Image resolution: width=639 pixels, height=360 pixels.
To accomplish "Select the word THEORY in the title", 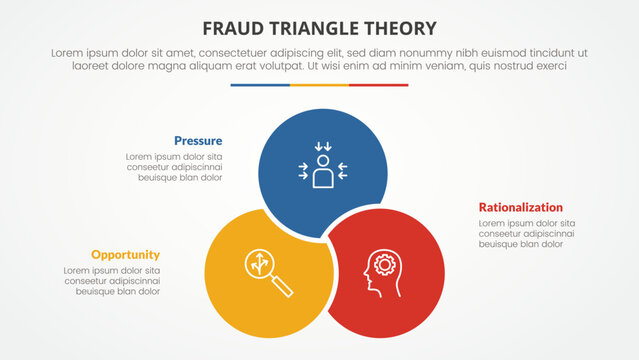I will point(401,27).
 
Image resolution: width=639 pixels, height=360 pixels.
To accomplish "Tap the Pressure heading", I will point(198,141).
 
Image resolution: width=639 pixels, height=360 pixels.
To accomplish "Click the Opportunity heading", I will point(125,254).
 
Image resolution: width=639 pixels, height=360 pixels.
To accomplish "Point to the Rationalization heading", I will point(520,207).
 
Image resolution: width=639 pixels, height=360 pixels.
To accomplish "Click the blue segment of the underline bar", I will point(260,85).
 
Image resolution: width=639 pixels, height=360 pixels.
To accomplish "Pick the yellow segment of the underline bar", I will point(319,85).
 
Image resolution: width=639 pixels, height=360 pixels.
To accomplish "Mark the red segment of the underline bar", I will point(379,85).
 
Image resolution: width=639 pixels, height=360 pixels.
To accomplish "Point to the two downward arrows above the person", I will point(322,148).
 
